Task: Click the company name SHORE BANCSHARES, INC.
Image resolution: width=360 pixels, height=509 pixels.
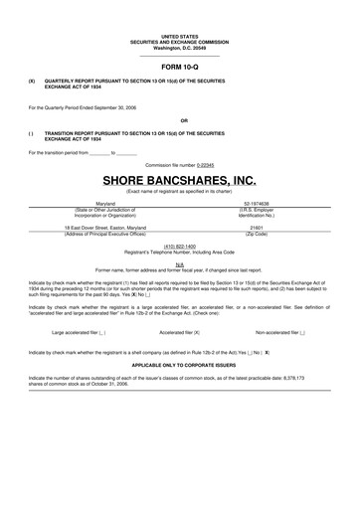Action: pyautogui.click(x=180, y=180)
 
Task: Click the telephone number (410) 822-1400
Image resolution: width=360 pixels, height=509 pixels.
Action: pyautogui.click(x=180, y=245)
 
